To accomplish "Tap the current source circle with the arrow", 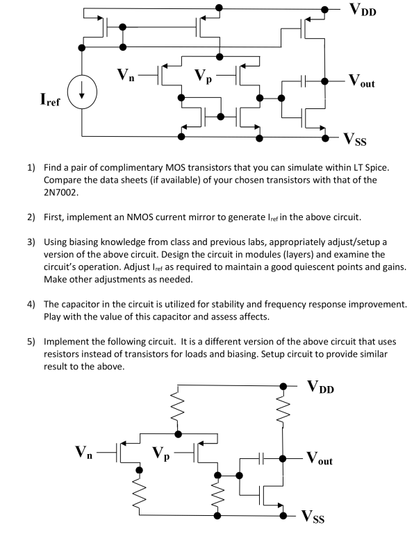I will click(81, 93).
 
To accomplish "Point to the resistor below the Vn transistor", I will click(140, 492).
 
